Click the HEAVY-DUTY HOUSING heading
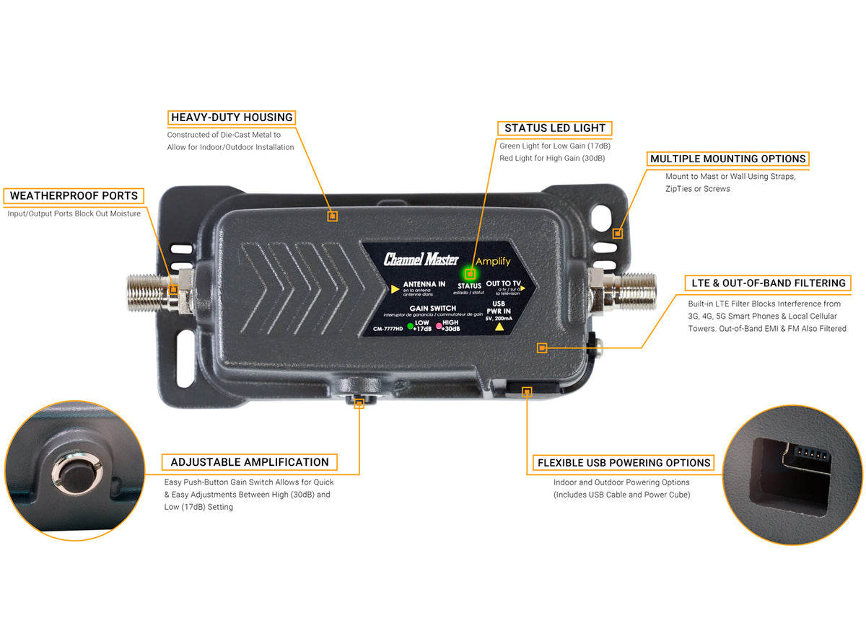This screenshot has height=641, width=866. coord(232,118)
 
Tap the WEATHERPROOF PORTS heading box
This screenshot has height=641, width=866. coord(74,195)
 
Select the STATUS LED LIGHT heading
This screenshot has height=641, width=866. coord(554,128)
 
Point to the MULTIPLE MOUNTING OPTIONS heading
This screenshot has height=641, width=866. coord(727,159)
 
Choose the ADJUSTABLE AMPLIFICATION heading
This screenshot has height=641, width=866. coord(250,462)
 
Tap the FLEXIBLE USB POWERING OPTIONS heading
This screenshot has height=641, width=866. coord(624,463)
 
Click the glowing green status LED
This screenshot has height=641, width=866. coord(470,274)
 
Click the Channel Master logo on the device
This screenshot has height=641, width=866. coord(426,260)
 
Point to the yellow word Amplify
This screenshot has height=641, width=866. coord(493,261)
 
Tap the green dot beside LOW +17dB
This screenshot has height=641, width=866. coord(410,326)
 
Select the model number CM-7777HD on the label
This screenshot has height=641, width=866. coord(388,329)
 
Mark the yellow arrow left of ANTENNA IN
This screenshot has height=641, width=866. coord(394,289)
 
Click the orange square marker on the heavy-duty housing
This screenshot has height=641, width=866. coord(332,216)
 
